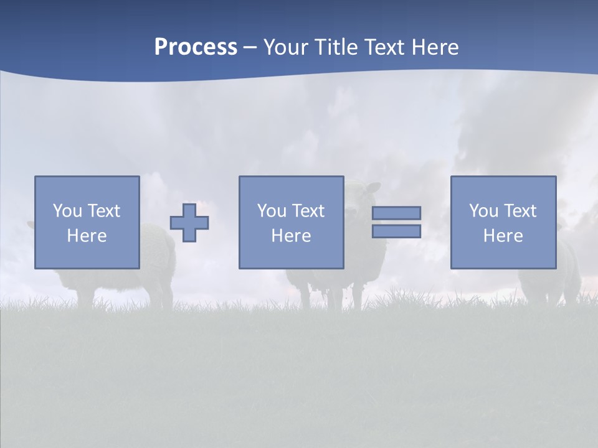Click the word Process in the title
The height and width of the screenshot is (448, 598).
click(196, 47)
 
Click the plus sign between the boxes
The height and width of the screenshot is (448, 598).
click(189, 222)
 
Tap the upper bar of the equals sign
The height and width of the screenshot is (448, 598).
click(396, 213)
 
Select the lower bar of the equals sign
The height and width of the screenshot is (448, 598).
click(396, 231)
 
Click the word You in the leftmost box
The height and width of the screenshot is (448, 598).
click(67, 211)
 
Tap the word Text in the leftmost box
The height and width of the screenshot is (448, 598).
click(103, 211)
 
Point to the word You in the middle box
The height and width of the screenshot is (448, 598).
click(272, 211)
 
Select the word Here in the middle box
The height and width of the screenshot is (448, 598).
click(291, 236)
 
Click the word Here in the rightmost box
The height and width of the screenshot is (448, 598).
click(503, 236)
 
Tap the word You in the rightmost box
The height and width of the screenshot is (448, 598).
click(483, 211)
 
